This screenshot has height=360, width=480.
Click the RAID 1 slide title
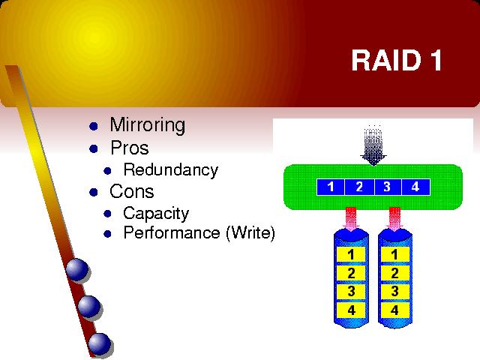pos(397,60)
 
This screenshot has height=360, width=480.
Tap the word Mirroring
pos(148,125)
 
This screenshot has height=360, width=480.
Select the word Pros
pos(130,148)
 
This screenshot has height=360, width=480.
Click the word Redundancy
pos(170,170)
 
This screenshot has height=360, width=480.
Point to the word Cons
pos(132,191)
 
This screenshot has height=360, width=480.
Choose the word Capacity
pos(156,213)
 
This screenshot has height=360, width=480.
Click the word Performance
pos(172,232)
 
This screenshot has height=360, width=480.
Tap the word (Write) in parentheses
pos(250,233)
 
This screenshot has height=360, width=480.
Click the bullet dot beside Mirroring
pos(93,126)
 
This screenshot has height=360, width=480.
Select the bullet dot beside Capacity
pos(107,214)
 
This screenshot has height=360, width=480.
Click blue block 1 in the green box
pos(331,187)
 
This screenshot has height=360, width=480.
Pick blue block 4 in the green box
pos(415,187)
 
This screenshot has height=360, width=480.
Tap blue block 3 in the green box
pos(388,187)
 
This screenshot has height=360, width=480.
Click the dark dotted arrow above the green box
pos(373,145)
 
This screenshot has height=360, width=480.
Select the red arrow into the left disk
pos(351,219)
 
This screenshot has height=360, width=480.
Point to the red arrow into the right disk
pos(394,219)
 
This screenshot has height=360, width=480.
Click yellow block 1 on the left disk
pos(351,254)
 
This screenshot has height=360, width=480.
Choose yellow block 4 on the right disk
pos(395,310)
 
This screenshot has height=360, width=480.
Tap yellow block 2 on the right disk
pos(395,273)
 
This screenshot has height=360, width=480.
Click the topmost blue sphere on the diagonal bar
pos(77,270)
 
